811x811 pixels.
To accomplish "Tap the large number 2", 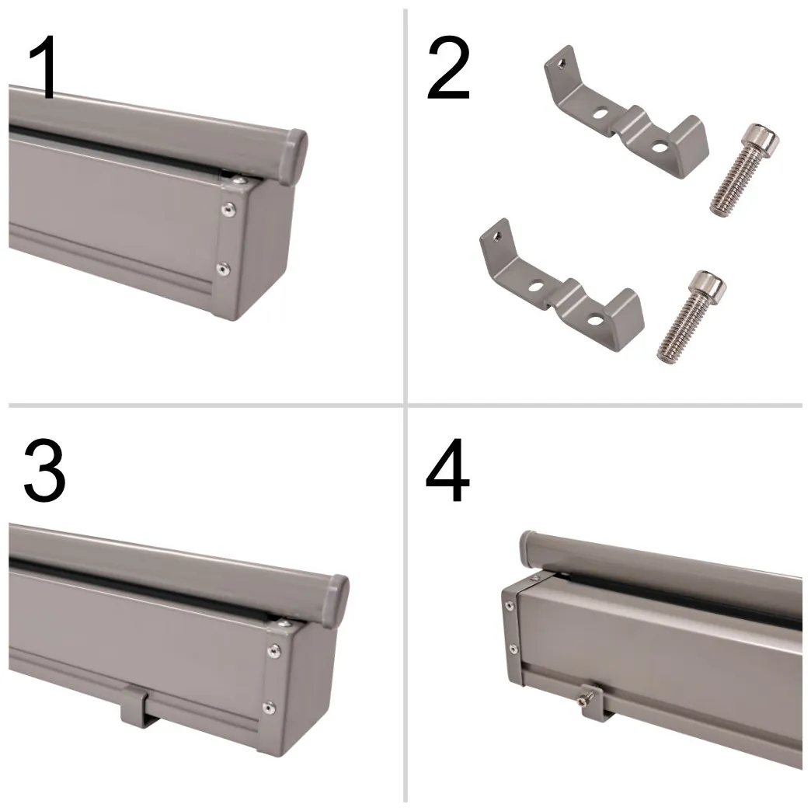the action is pos(448,68).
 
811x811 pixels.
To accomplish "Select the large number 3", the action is pos(44,470).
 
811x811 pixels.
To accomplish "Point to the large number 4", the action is pos(447,470).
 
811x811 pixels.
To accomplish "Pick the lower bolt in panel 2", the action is pos(691,315).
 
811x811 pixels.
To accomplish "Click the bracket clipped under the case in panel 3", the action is pos(137,705).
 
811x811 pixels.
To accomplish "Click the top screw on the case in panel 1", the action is pos(239,180).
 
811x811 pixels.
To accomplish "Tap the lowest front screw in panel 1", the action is pos(223,269).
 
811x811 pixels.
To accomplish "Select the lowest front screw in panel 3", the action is pos(268,707).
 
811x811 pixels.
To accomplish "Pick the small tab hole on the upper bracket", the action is pos(561,64).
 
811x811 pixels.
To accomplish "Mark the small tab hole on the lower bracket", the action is pos(496,237).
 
